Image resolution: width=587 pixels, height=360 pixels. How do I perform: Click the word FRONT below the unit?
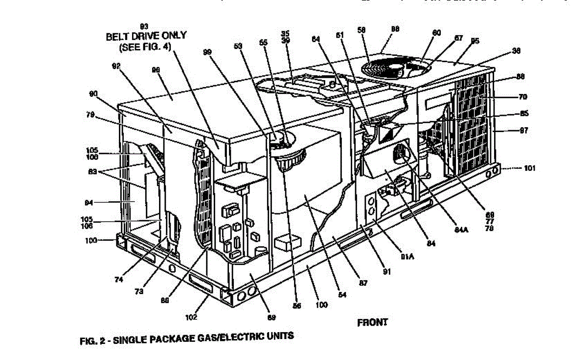pos(373,322)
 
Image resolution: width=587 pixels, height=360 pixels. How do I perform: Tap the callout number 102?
pos(191,317)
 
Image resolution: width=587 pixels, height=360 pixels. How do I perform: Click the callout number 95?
pos(474,42)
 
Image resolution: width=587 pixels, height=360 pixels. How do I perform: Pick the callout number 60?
pos(436,33)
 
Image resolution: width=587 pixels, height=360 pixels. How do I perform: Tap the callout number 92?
pos(115,65)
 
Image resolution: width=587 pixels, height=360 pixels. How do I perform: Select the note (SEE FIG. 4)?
pos(145,47)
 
